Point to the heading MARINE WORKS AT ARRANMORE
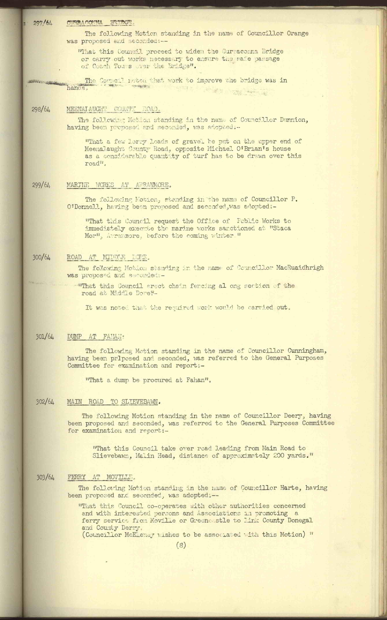coord(118,185)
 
